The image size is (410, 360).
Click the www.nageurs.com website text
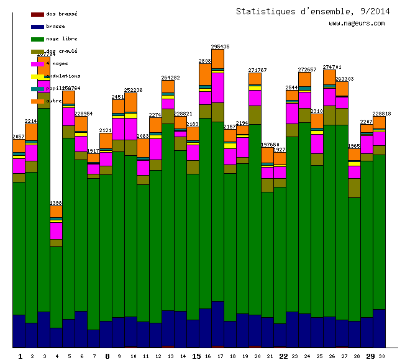[357, 24]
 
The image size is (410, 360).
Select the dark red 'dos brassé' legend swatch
[37, 14]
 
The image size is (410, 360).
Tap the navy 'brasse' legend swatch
[37, 27]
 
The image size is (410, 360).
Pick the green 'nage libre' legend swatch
[37, 39]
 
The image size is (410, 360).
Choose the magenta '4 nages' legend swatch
[37, 64]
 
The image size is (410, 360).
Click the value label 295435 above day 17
[220, 47]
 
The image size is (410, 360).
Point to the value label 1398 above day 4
[56, 203]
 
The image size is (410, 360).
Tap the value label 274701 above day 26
[332, 67]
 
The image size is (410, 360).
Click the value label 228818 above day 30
[381, 114]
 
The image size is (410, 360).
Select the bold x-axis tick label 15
[196, 356]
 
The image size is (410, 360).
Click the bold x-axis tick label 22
[283, 356]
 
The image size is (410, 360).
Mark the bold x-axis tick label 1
[20, 356]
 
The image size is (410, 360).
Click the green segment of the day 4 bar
[56, 286]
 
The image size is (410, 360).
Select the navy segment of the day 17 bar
[217, 323]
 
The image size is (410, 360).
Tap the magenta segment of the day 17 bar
[217, 88]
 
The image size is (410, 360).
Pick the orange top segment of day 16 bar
[205, 74]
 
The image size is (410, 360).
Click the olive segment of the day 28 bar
[354, 187]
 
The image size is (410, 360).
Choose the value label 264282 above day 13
[171, 78]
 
